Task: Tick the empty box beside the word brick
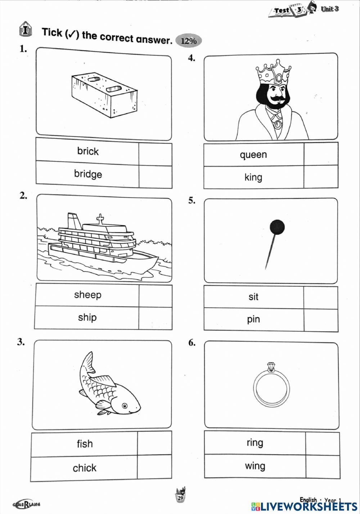[x=155, y=154]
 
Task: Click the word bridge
[x=88, y=174]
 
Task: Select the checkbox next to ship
[x=155, y=318]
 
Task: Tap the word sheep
[x=88, y=295]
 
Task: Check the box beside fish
[x=154, y=444]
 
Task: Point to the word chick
[x=85, y=468]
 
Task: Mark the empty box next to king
[x=320, y=177]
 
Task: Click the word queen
[x=253, y=155]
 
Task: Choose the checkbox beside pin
[x=320, y=320]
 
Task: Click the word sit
[x=253, y=297]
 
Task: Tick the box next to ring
[x=322, y=443]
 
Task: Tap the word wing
[x=255, y=466]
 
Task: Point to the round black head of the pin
[x=277, y=227]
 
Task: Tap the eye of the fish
[x=125, y=406]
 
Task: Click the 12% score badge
[x=188, y=41]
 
